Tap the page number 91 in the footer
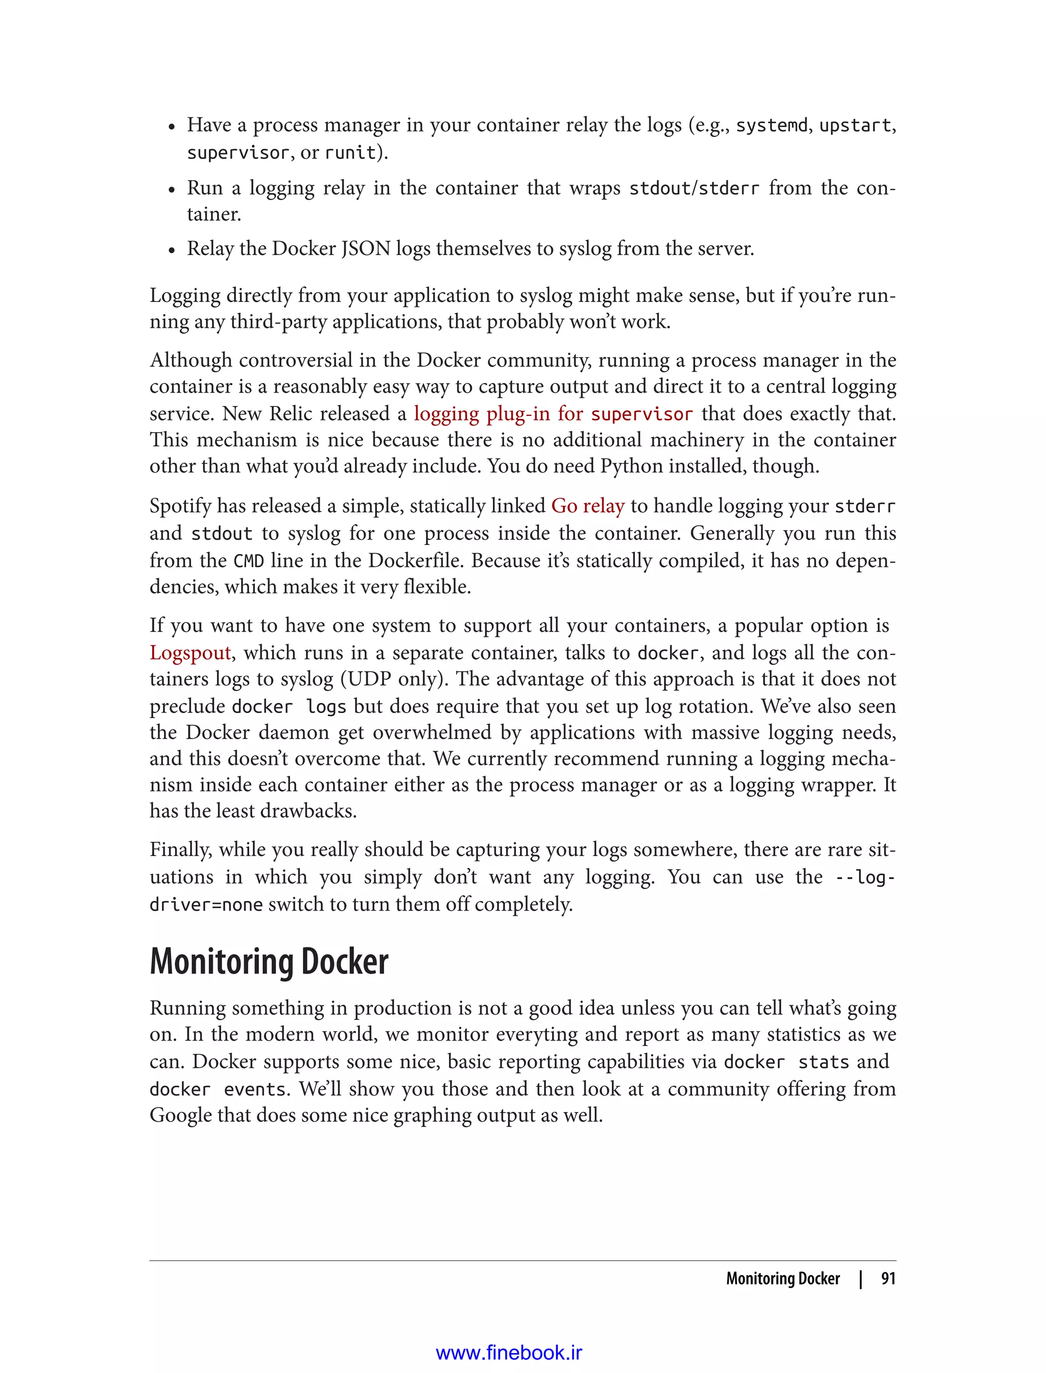pyautogui.click(x=888, y=1279)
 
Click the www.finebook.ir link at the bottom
pyautogui.click(x=509, y=1353)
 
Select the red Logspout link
pyautogui.click(x=190, y=653)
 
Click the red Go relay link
pyautogui.click(x=587, y=506)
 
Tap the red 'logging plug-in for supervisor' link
pyautogui.click(x=553, y=413)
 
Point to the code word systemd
pyautogui.click(x=771, y=125)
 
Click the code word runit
pyautogui.click(x=350, y=153)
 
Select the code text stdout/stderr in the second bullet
pyautogui.click(x=694, y=188)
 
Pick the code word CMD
pyautogui.click(x=248, y=560)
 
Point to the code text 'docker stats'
pyautogui.click(x=787, y=1061)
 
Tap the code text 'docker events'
pyautogui.click(x=218, y=1089)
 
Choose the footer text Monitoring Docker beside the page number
pyautogui.click(x=782, y=1279)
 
